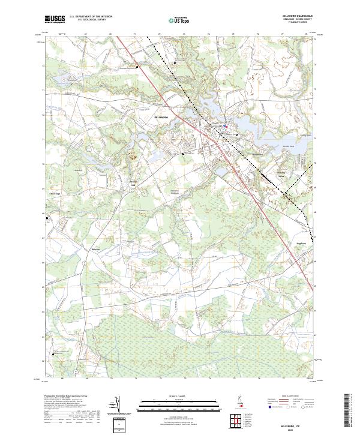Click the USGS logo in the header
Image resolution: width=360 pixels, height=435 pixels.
(x=55, y=19)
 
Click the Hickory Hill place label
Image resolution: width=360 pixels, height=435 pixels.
(x=134, y=184)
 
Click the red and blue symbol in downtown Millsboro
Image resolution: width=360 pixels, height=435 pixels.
(x=224, y=126)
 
